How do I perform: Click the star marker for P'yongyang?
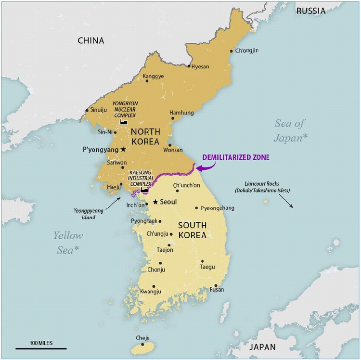pyautogui.click(x=123, y=150)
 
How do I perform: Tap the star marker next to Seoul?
pyautogui.click(x=155, y=202)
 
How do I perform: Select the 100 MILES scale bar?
pyautogui.click(x=41, y=347)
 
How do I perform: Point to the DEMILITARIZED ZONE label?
pyautogui.click(x=236, y=157)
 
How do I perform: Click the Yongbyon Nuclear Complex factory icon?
pyautogui.click(x=123, y=123)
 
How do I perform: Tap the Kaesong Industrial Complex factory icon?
pyautogui.click(x=144, y=190)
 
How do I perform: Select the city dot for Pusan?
pyautogui.click(x=216, y=285)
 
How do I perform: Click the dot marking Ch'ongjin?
pyautogui.click(x=232, y=51)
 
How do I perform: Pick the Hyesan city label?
pyautogui.click(x=200, y=66)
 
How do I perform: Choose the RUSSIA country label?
pyautogui.click(x=310, y=11)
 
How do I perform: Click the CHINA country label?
pyautogui.click(x=90, y=40)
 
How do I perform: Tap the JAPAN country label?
pyautogui.click(x=263, y=347)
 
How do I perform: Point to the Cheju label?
pyautogui.click(x=143, y=338)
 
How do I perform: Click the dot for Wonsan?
pyautogui.click(x=169, y=144)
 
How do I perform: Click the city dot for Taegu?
pyautogui.click(x=202, y=261)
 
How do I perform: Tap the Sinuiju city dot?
pyautogui.click(x=87, y=110)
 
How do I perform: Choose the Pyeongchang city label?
pyautogui.click(x=218, y=208)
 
